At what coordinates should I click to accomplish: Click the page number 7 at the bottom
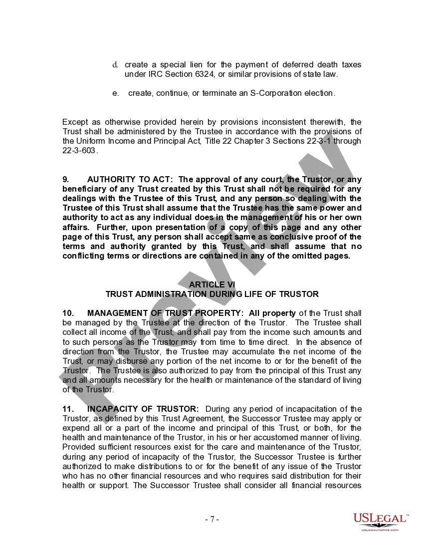click(x=212, y=519)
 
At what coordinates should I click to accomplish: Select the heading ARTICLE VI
click(x=212, y=284)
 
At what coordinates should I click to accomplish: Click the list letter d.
click(x=115, y=65)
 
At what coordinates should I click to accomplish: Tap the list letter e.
click(x=115, y=93)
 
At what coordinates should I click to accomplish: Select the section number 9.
click(x=65, y=179)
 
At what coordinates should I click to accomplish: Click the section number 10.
click(x=68, y=313)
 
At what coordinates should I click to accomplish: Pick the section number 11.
click(x=67, y=409)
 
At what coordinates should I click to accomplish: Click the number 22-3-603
click(x=79, y=150)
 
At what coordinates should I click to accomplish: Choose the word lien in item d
click(x=196, y=65)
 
